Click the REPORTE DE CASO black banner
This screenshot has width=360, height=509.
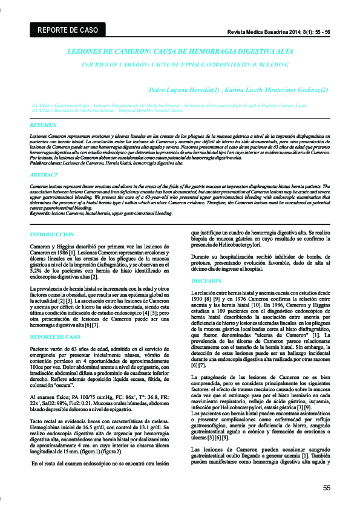pos(67,30)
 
